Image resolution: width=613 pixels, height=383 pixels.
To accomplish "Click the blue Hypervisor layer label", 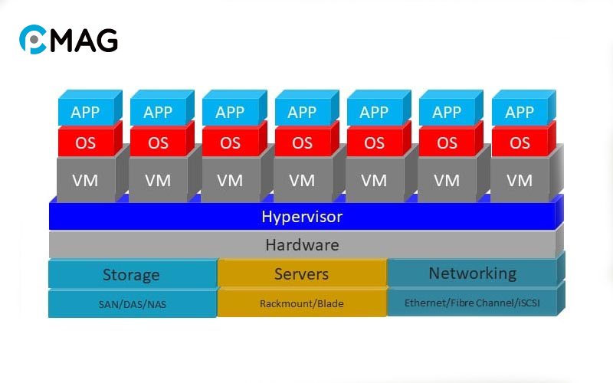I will pyautogui.click(x=302, y=217).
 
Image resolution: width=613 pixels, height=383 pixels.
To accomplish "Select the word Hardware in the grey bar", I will pyautogui.click(x=302, y=245).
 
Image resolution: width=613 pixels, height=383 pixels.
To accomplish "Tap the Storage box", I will pyautogui.click(x=131, y=274).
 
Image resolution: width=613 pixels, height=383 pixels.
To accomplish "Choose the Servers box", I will pyautogui.click(x=301, y=273).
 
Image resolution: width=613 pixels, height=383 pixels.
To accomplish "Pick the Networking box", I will pyautogui.click(x=472, y=273).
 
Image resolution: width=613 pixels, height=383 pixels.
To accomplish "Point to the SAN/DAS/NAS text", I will pyautogui.click(x=132, y=304).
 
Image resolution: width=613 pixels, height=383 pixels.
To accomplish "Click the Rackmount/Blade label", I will pyautogui.click(x=301, y=303).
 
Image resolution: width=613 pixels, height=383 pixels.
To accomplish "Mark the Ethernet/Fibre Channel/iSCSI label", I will pyautogui.click(x=472, y=303).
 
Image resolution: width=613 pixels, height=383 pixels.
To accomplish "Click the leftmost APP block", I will pyautogui.click(x=85, y=112).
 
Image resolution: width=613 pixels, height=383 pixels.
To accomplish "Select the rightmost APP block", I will pyautogui.click(x=520, y=112).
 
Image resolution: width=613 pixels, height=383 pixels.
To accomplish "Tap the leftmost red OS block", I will pyautogui.click(x=85, y=143).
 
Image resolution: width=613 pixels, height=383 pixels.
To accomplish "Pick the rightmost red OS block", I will pyautogui.click(x=520, y=143).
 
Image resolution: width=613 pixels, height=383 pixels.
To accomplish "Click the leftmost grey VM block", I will pyautogui.click(x=85, y=181).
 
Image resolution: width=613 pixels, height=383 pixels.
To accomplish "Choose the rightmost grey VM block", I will pyautogui.click(x=520, y=181).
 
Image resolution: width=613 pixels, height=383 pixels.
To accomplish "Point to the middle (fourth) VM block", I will pyautogui.click(x=302, y=181).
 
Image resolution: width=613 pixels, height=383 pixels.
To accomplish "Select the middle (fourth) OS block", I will pyautogui.click(x=302, y=143).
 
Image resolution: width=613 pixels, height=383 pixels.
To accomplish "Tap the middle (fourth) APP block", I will pyautogui.click(x=302, y=112).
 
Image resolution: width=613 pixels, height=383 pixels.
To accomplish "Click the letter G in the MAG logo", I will pyautogui.click(x=106, y=40).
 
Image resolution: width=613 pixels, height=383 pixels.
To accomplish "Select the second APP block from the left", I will pyautogui.click(x=158, y=112).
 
